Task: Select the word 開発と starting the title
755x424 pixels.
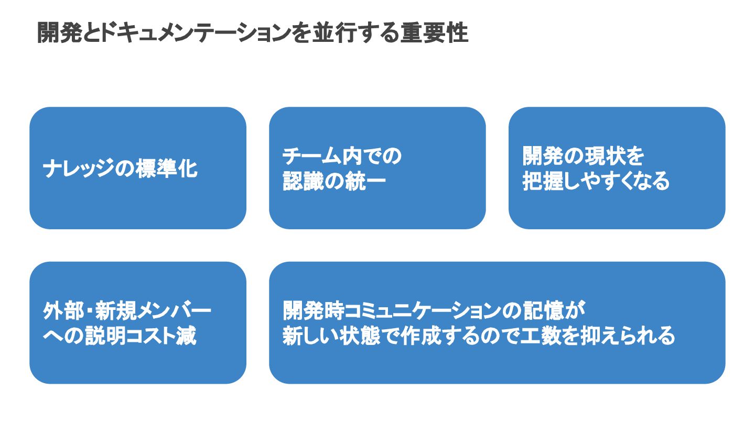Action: point(68,34)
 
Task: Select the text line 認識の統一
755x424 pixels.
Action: point(334,181)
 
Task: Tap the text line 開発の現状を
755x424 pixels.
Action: point(583,157)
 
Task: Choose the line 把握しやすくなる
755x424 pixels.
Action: point(596,181)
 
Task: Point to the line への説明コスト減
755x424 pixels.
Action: point(120,336)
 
